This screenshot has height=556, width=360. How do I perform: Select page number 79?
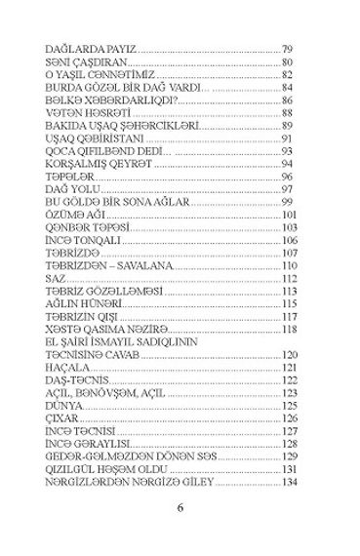coord(287,49)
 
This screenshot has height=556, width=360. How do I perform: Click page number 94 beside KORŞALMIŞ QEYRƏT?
coord(287,165)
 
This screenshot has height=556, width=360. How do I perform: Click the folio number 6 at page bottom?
coord(180,507)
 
